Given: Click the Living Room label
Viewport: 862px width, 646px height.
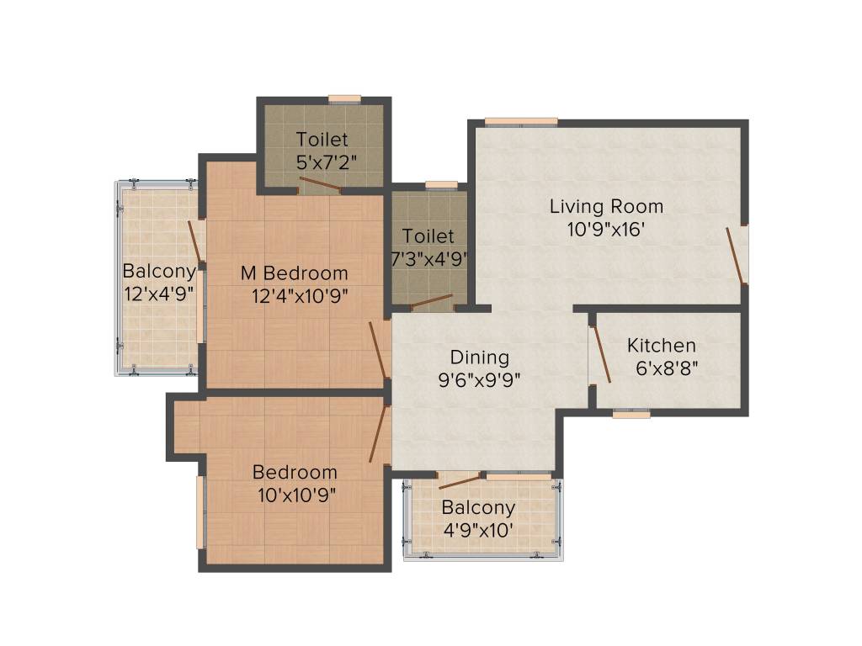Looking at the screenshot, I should coord(606,206).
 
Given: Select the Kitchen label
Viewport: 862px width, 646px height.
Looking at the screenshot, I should coord(662,346).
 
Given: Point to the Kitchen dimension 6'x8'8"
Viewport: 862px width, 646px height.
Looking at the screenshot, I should coord(667,368).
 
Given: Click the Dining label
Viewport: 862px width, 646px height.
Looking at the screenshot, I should coord(479,357).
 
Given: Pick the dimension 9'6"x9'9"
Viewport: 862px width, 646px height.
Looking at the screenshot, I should coord(479,379).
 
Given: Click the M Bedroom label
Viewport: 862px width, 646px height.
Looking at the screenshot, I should coord(294,273).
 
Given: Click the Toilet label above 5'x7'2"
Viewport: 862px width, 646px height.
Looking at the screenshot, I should coord(322,140).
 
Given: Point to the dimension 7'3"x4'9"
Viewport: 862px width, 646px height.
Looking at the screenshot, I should coord(428,258).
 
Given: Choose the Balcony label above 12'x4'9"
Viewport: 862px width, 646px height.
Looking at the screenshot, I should coord(159,272).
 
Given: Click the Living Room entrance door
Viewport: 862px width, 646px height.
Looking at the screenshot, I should coord(737,257).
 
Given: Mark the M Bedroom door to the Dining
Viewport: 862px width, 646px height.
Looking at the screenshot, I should coord(378,350).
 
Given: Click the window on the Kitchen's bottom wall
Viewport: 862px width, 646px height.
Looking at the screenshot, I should coord(631,414).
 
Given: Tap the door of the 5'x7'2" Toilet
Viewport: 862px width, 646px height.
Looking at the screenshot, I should coord(321,185).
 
